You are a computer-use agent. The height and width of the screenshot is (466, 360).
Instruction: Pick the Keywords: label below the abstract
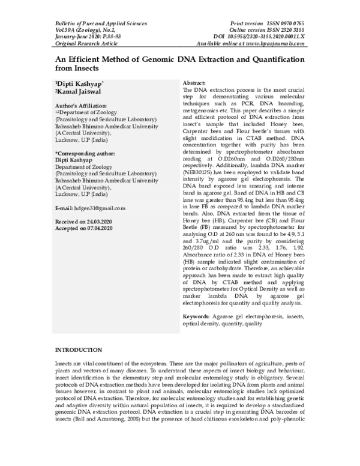coord(197,316)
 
